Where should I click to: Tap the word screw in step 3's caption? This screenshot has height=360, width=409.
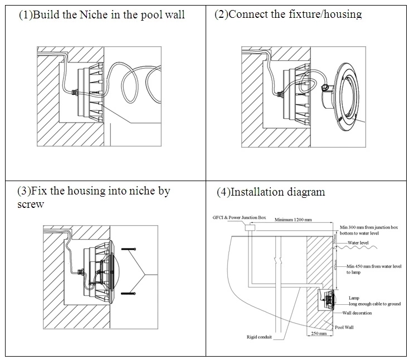point(31,205)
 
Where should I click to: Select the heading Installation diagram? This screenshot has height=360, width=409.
point(270,193)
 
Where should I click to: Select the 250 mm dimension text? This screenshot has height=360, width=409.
point(317,334)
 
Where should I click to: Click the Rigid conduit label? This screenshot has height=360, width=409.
point(259,337)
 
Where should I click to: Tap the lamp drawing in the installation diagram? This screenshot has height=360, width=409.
point(327,299)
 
